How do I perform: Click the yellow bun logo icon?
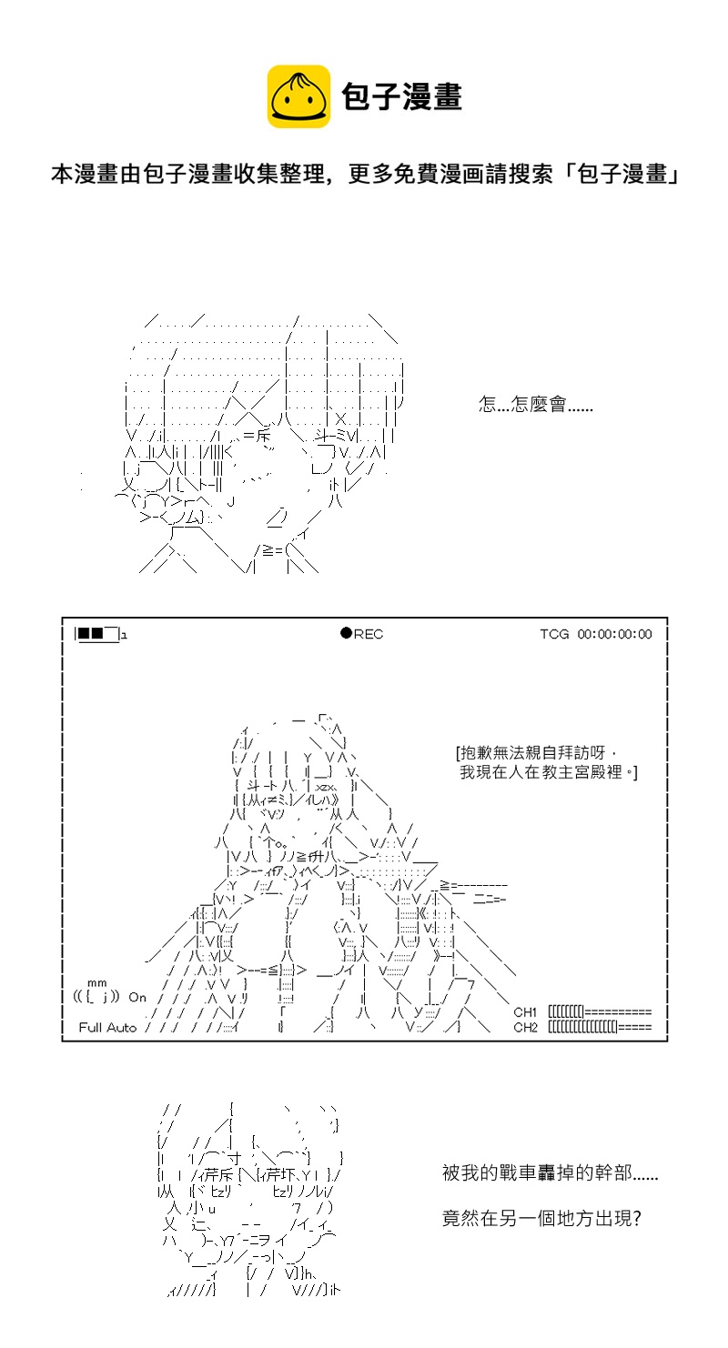coord(298,96)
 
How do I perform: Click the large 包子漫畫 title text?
coord(401,96)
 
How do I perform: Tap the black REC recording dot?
coord(346,633)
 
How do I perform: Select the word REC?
coord(369,634)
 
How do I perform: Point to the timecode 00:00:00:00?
coord(614,634)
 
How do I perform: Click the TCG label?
coord(554,634)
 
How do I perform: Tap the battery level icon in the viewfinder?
coord(98,633)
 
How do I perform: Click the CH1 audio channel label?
coord(525,1011)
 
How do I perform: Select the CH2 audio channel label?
coord(525,1028)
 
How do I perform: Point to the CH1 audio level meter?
coord(600,1011)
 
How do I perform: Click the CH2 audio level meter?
coord(600,1028)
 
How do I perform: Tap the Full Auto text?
coord(107,1028)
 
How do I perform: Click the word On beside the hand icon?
coord(137,997)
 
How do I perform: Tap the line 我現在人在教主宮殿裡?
coord(549,772)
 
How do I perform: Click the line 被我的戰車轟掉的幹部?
coord(550,1173)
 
